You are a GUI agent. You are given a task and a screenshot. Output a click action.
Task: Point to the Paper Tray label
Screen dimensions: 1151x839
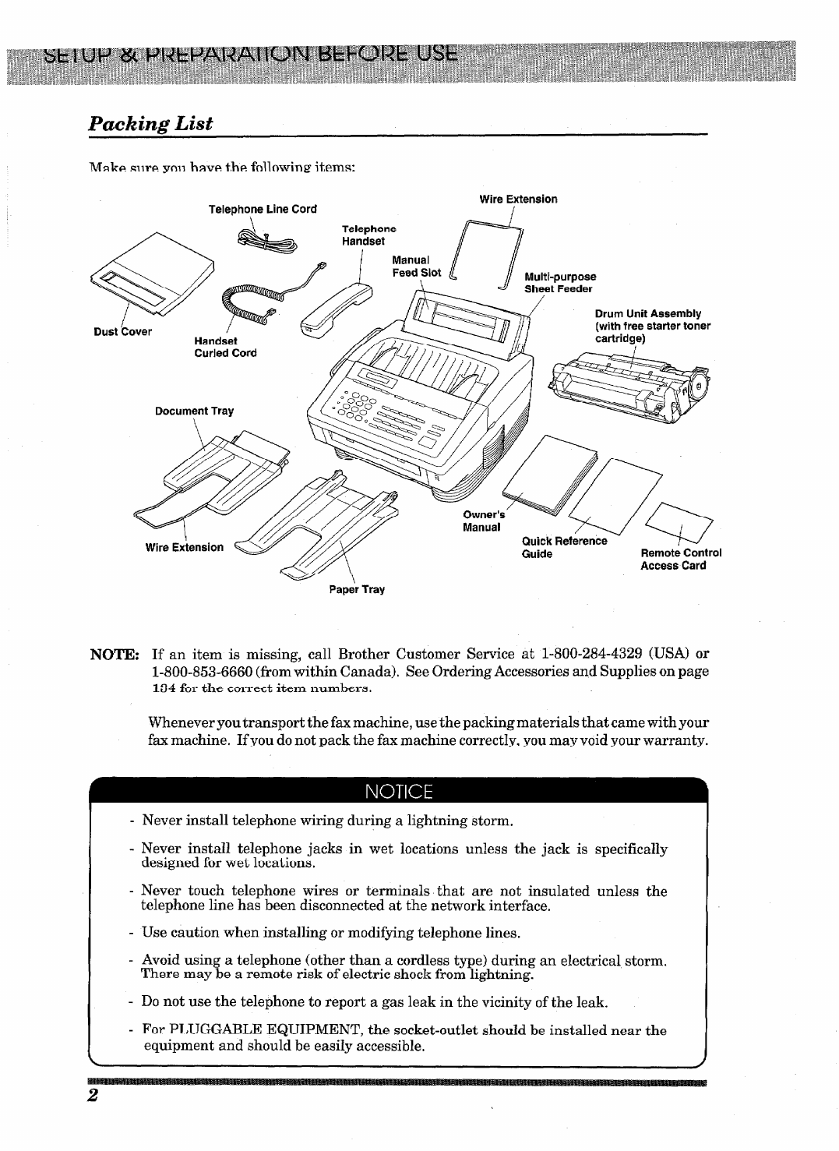click(356, 589)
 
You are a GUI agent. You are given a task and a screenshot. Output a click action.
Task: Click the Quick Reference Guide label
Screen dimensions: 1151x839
click(563, 547)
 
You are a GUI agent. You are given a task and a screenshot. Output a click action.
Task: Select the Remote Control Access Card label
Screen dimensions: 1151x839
click(680, 560)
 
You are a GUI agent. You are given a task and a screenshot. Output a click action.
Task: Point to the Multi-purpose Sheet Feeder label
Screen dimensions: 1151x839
click(559, 282)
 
